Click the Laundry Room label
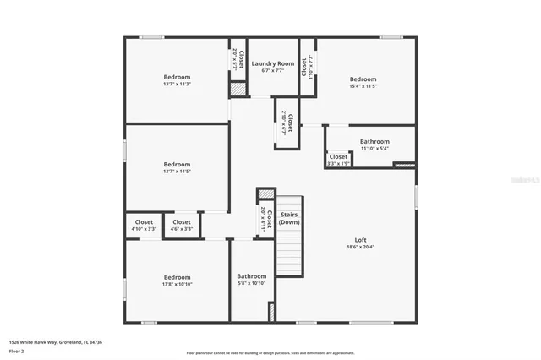click(273, 63)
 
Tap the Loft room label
click(360, 240)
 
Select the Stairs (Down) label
click(289, 218)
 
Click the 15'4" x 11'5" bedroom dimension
click(363, 86)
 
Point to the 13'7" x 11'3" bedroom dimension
click(177, 84)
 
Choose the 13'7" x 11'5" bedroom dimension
click(177, 172)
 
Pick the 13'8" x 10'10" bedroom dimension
click(177, 284)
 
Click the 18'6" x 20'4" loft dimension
click(360, 247)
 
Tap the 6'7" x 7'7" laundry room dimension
click(273, 70)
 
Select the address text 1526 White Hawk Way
click(42, 342)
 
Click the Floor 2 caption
click(17, 350)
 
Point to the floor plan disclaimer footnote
click(270, 353)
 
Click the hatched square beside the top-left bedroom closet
click(238, 88)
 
